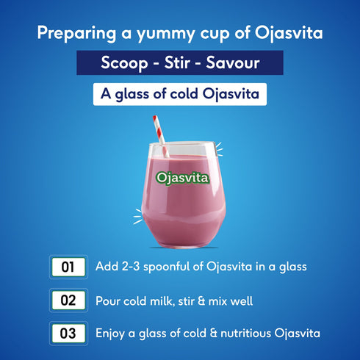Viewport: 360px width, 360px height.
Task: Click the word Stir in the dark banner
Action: pos(179,63)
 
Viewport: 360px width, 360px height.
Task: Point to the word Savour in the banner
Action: pos(237,63)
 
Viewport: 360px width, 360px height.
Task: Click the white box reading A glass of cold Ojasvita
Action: pos(179,95)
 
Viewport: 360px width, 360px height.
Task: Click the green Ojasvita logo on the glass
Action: pos(183,178)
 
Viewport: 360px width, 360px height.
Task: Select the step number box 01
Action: pos(68,267)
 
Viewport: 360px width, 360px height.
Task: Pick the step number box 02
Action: pos(68,300)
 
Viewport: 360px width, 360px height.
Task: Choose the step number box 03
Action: pos(68,334)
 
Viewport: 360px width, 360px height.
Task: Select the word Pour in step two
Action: pos(108,300)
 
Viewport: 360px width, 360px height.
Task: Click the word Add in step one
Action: pos(107,267)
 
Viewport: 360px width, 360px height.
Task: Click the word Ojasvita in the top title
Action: pos(285,34)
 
